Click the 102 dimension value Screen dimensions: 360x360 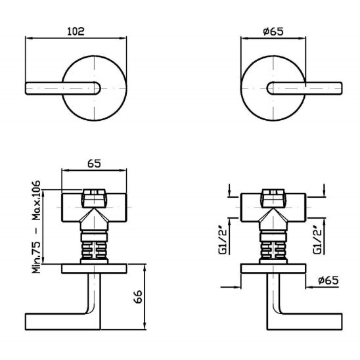[x=76, y=32]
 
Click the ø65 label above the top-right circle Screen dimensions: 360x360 [x=273, y=32]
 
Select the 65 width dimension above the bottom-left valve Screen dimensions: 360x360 [x=94, y=164]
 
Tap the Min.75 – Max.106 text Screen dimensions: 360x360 [x=36, y=227]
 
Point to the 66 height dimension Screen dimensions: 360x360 [x=138, y=297]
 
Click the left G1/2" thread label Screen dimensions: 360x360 [x=223, y=241]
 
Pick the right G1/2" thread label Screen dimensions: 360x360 [x=317, y=241]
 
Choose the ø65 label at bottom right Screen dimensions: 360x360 [x=328, y=281]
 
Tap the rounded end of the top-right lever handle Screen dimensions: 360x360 [x=270, y=88]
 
